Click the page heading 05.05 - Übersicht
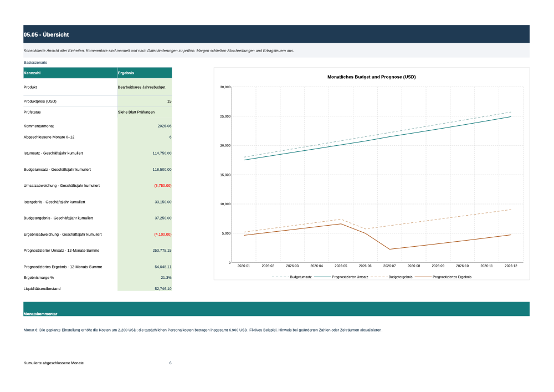pyautogui.click(x=47, y=34)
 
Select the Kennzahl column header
pyautogui.click(x=32, y=73)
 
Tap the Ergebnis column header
pyautogui.click(x=126, y=73)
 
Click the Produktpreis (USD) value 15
pyautogui.click(x=169, y=101)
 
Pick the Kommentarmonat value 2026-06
pyautogui.click(x=165, y=126)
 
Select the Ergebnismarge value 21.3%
pyautogui.click(x=166, y=278)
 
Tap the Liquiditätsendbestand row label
pyautogui.click(x=42, y=289)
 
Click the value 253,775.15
pyautogui.click(x=162, y=251)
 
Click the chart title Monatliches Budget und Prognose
pyautogui.click(x=371, y=77)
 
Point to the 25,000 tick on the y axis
pyautogui.click(x=225, y=116)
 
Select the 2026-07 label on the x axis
pyautogui.click(x=389, y=266)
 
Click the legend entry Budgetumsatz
pyautogui.click(x=301, y=277)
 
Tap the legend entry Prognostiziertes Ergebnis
pyautogui.click(x=452, y=277)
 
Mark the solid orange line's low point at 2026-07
pyautogui.click(x=389, y=249)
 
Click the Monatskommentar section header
pyautogui.click(x=40, y=314)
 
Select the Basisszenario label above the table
pyautogui.click(x=35, y=63)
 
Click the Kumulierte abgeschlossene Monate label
pyautogui.click(x=54, y=363)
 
